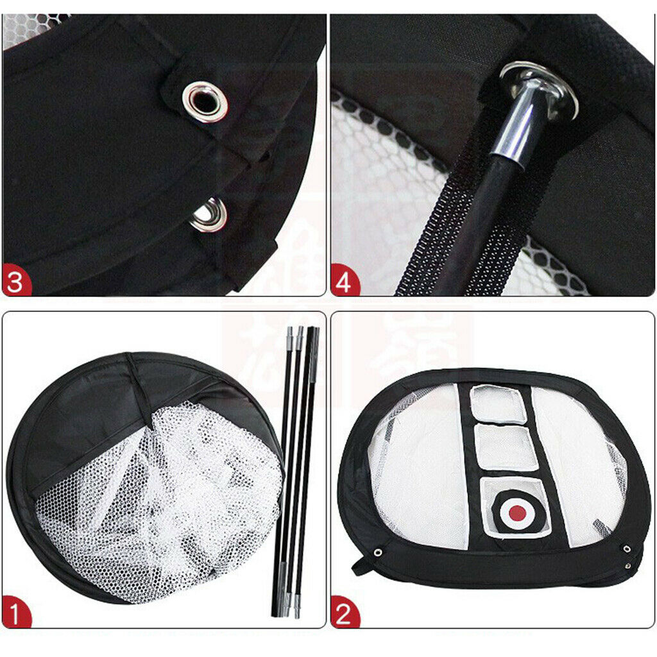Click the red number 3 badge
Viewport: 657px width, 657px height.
pyautogui.click(x=17, y=283)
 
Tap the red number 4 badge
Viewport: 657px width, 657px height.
pyautogui.click(x=345, y=283)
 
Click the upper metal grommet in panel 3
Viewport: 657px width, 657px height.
pyautogui.click(x=205, y=101)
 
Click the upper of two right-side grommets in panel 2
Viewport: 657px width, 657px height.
pyautogui.click(x=626, y=549)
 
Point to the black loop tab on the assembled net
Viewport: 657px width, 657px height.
pyautogui.click(x=359, y=566)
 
